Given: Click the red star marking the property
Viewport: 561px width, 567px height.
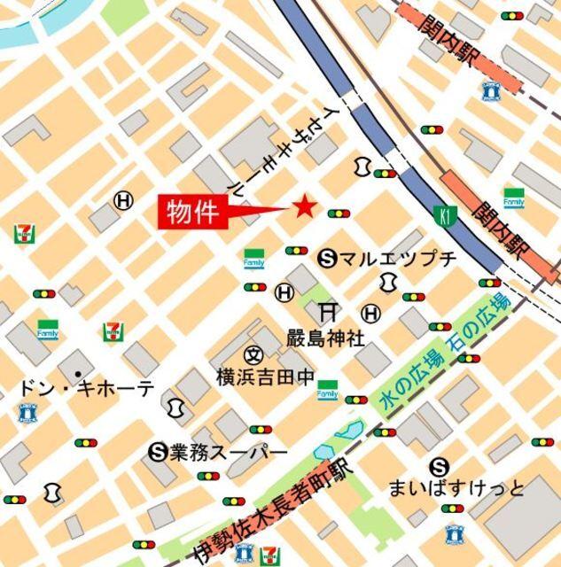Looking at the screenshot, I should pos(304,207).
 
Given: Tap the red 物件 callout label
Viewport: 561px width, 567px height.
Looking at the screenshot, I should pos(193,214).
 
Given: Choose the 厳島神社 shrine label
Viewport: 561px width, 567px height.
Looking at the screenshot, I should pos(324,338).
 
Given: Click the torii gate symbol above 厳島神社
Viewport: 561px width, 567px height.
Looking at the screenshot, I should pos(328,311).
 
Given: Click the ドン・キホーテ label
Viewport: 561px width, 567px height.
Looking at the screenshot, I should pos(86,388).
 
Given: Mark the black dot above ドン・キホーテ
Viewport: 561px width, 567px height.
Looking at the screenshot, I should pos(79,373).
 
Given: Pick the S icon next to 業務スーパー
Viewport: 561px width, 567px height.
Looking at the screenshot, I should pos(159,453).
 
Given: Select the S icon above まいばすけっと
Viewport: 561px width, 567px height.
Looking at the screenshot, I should pos(439,466).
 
